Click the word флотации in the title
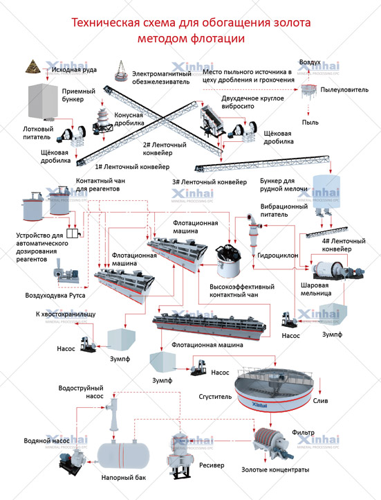pos(218,38)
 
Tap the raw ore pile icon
pos(33,66)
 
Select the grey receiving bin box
pos(43,101)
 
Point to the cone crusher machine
pos(102,121)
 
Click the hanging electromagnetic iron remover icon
pos(121,72)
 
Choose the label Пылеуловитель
pos(344,89)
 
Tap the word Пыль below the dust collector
pos(310,122)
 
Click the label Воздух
pos(310,62)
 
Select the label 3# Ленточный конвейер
pos(210,182)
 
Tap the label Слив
pos(320,401)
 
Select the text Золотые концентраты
pos(275,470)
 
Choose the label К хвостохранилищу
pos(66,314)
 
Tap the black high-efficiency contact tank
pos(228,261)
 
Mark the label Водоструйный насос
pos(81,392)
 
